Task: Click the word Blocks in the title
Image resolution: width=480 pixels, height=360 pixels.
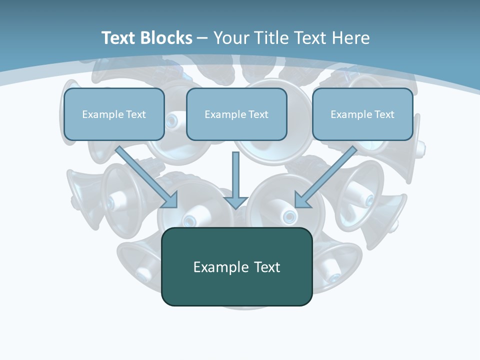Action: point(166,38)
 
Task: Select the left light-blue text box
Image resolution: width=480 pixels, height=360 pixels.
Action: point(114,114)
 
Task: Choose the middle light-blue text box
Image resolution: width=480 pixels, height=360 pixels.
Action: point(236,114)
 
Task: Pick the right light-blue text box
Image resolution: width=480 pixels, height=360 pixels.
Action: point(362,114)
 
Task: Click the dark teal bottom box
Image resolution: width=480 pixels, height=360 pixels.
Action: point(237,266)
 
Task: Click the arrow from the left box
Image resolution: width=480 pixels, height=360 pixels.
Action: point(146,177)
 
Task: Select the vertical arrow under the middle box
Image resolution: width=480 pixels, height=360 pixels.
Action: point(235,180)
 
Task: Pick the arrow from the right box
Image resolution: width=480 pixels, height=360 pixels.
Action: point(326,177)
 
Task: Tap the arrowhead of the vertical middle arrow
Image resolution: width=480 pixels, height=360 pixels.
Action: point(235,203)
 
